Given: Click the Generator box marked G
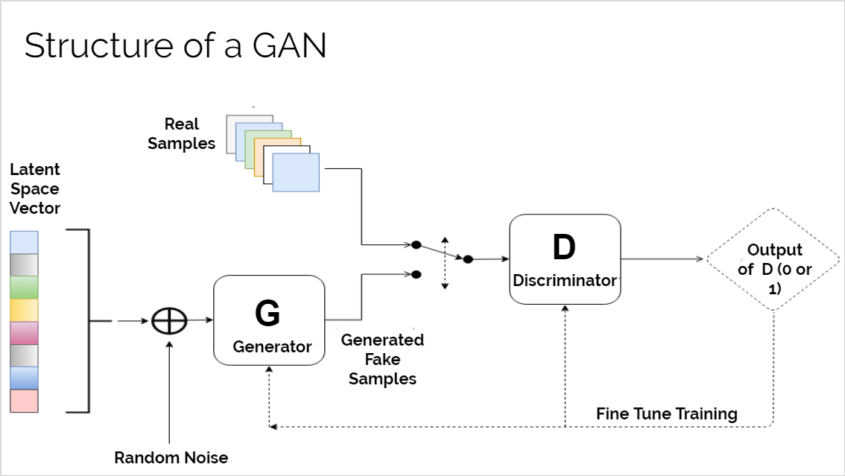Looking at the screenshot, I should (269, 320).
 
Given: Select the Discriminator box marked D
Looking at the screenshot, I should (565, 259).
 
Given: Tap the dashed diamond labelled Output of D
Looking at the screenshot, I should (773, 259).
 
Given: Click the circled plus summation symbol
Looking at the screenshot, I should (169, 321).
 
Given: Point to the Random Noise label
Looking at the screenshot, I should (171, 457).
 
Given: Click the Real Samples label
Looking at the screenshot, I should (181, 133).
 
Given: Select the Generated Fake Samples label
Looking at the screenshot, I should (382, 359).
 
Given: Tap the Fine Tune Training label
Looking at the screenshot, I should (666, 413).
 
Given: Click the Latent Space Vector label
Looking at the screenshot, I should (35, 188).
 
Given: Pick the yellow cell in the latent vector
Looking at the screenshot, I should (24, 311).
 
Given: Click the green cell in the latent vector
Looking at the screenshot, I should (24, 288).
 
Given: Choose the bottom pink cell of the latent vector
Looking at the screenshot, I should (24, 401).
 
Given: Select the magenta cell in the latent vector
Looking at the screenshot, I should (24, 333).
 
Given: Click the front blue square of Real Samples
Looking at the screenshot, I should (296, 173).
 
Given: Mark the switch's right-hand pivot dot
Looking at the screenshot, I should (468, 259).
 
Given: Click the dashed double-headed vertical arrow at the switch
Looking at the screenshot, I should (445, 263).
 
